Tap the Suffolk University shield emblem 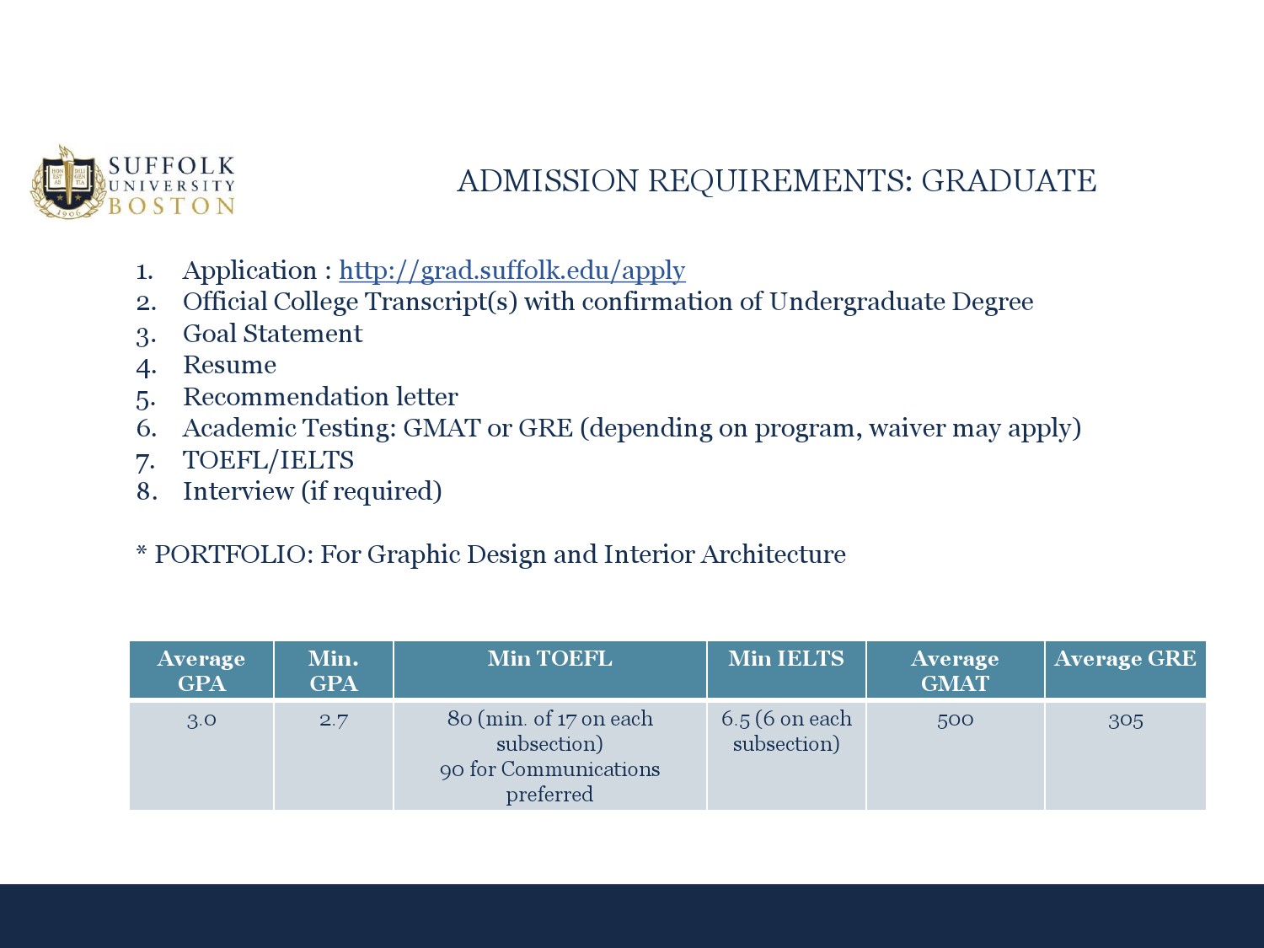click(68, 183)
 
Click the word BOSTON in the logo click(172, 206)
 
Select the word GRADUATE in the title click(1009, 180)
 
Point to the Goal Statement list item click(272, 334)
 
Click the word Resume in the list click(229, 365)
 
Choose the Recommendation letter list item click(320, 397)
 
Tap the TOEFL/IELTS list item click(268, 460)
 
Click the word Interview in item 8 click(238, 491)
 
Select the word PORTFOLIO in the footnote click(233, 554)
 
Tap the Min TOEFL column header click(550, 658)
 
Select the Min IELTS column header click(786, 658)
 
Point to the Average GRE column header click(1125, 658)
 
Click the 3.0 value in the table click(201, 720)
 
